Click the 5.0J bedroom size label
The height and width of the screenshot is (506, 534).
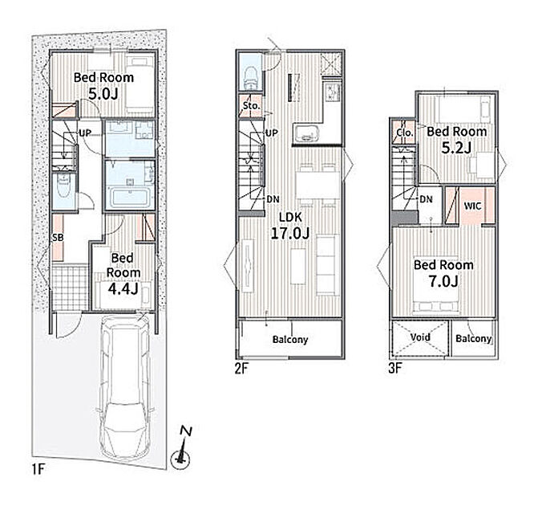[x=103, y=93]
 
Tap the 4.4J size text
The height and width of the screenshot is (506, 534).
[x=123, y=288]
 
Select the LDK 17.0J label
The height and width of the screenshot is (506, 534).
[x=290, y=226]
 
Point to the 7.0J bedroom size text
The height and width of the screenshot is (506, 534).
[x=443, y=281]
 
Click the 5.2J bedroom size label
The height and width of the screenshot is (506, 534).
[x=456, y=148]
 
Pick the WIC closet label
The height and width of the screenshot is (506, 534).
[x=473, y=206]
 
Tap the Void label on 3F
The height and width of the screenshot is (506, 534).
[x=420, y=337]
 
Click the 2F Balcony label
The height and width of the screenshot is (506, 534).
[x=290, y=340]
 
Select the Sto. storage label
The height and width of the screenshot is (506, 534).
[x=251, y=106]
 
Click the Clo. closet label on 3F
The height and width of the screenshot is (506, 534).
[x=405, y=133]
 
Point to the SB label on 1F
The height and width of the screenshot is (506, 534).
[x=58, y=238]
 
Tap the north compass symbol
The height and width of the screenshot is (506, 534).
[x=181, y=447]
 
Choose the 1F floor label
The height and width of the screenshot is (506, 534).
[x=38, y=470]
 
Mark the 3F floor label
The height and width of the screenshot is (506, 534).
[x=395, y=368]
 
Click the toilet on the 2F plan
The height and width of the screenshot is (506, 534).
[x=250, y=77]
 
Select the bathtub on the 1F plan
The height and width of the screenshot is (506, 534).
[x=131, y=198]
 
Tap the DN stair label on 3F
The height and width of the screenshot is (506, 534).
[x=426, y=199]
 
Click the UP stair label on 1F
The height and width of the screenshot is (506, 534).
[x=85, y=133]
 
